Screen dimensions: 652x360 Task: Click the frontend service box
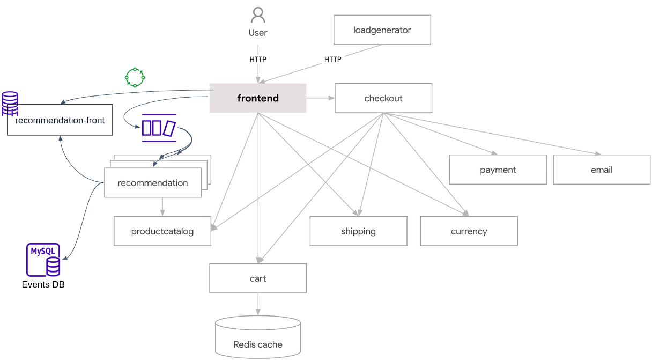tap(258, 98)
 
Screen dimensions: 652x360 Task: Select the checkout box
tap(383, 98)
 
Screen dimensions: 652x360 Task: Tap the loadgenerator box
tap(382, 30)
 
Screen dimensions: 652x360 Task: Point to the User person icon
tap(258, 15)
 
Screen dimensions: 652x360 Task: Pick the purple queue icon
tap(159, 128)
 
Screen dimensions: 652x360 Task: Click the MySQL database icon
tap(43, 260)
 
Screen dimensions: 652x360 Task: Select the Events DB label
tap(43, 284)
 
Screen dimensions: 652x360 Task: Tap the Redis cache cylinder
tap(258, 337)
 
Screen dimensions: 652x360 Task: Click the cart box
tap(258, 278)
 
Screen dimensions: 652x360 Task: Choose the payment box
tap(498, 170)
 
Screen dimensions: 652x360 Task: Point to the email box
tap(602, 170)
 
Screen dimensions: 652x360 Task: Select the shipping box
tap(358, 231)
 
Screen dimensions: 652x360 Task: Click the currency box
tap(469, 231)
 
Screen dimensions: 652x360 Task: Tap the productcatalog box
tap(162, 231)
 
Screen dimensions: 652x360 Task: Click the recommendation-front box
tap(60, 120)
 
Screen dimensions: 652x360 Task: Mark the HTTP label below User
tap(258, 60)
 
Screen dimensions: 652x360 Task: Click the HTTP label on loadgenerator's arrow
tap(332, 60)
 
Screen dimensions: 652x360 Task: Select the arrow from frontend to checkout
tap(321, 98)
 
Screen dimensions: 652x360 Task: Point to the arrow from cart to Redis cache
tap(258, 304)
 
